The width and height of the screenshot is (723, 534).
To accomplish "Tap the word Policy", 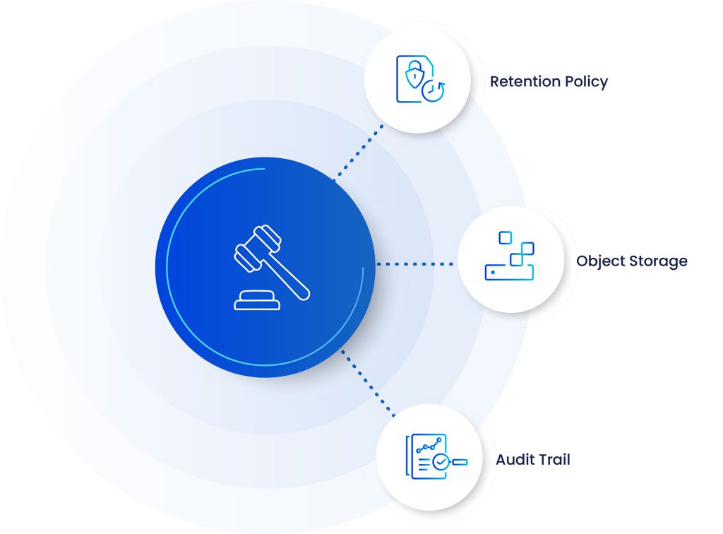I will [585, 82].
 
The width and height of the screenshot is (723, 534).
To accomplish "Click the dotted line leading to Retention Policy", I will [359, 151].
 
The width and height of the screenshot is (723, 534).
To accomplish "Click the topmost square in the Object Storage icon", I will [505, 237].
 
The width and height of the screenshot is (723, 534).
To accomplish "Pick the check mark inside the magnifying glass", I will [441, 462].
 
